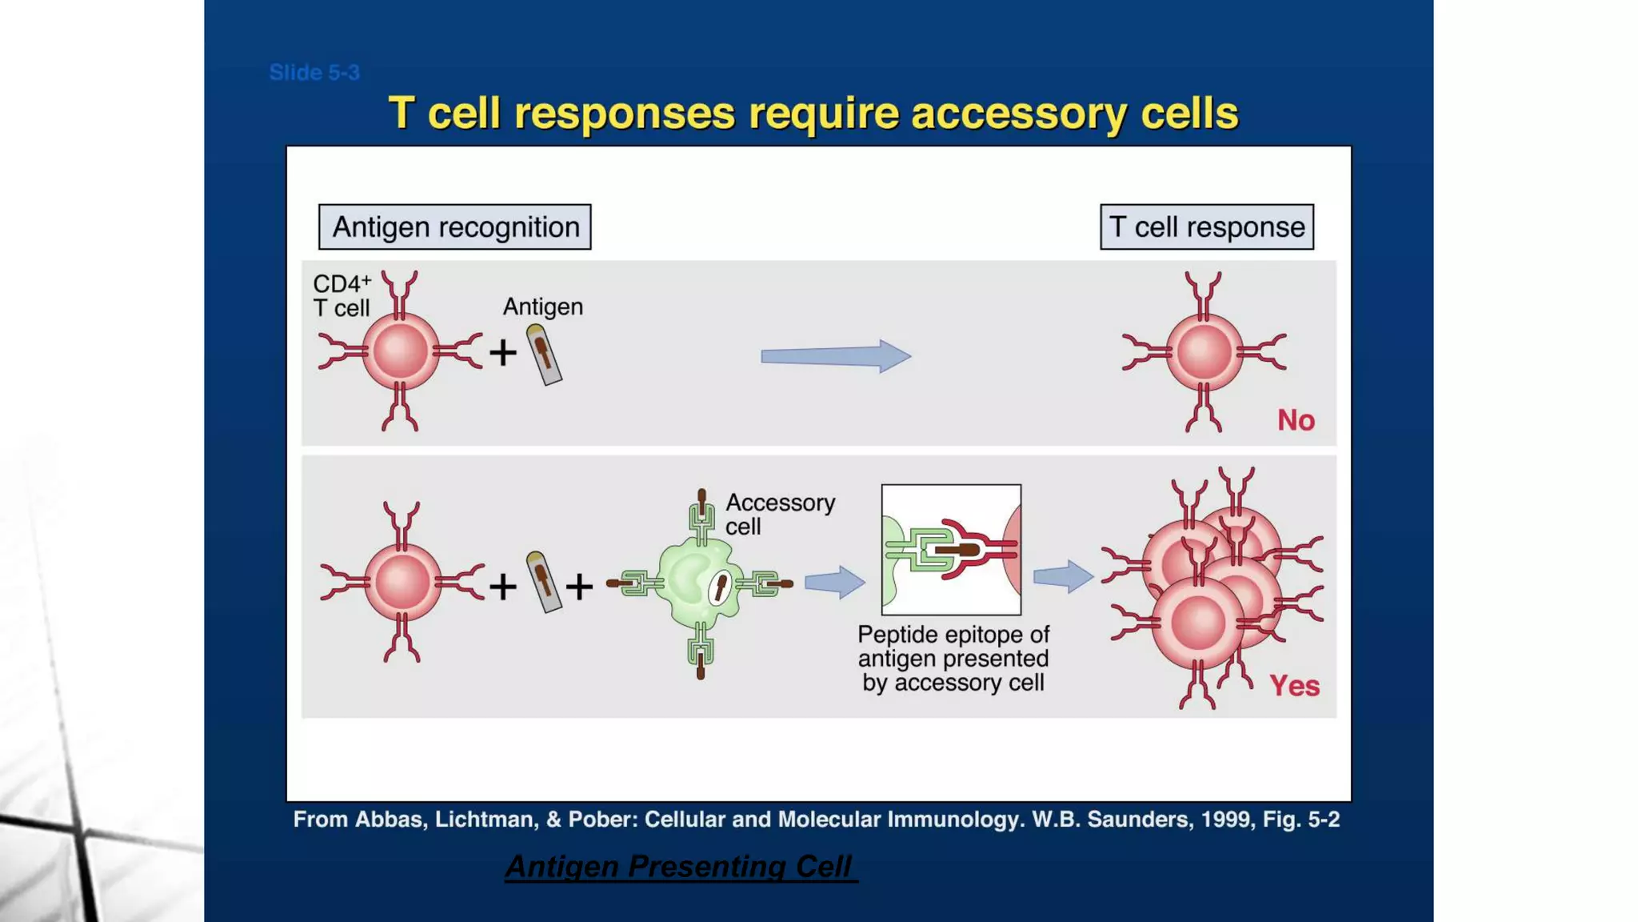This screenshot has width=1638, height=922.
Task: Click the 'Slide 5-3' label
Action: [314, 73]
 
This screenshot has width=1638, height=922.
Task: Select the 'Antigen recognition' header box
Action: [454, 227]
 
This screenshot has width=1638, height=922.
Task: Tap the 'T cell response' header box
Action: [1206, 227]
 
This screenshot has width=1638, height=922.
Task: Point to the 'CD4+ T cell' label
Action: [342, 296]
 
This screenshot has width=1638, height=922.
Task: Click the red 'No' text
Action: [1296, 420]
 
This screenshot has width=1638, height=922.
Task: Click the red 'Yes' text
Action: [1294, 686]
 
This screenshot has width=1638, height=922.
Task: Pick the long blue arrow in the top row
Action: [835, 356]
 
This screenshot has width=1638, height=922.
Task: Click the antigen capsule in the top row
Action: [544, 355]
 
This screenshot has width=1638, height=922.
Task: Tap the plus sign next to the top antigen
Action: [503, 353]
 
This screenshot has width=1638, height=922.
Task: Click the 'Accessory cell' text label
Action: [779, 514]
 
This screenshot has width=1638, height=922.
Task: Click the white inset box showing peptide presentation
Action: [951, 550]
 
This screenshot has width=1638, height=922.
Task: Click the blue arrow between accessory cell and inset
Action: [834, 582]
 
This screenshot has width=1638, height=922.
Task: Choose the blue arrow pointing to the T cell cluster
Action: [1063, 576]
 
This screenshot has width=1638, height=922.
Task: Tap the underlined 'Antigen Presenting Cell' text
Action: [681, 867]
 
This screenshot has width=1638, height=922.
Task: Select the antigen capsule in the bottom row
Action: [544, 583]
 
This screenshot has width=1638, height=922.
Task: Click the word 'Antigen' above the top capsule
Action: [542, 307]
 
